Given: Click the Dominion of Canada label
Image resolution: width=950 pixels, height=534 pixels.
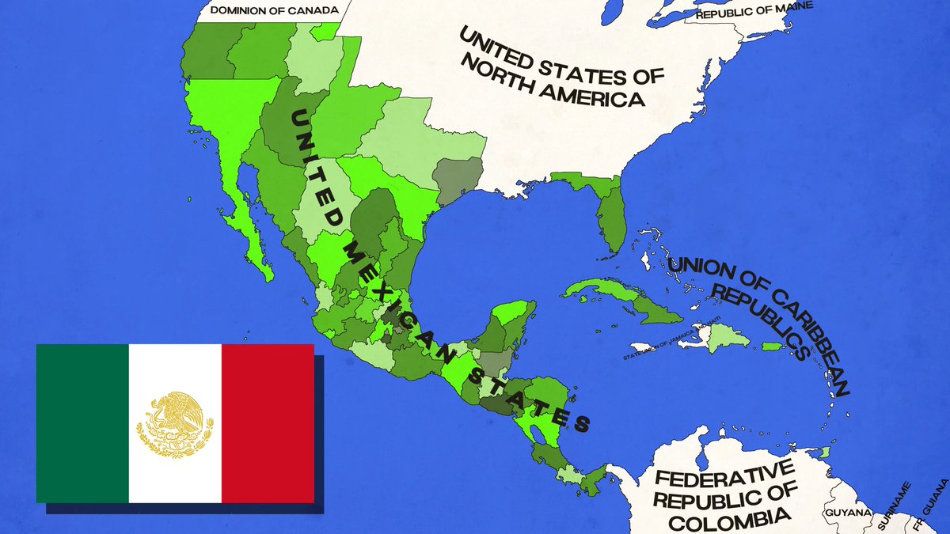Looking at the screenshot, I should pyautogui.click(x=268, y=10).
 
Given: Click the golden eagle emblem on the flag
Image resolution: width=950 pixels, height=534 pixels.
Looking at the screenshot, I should pyautogui.click(x=175, y=424).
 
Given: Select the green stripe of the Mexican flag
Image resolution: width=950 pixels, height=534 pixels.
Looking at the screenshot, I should pyautogui.click(x=82, y=423).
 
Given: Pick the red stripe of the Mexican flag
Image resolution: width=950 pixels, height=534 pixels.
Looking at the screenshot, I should pyautogui.click(x=268, y=423).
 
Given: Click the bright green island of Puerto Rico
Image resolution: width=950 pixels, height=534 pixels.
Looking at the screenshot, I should pyautogui.click(x=772, y=347).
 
